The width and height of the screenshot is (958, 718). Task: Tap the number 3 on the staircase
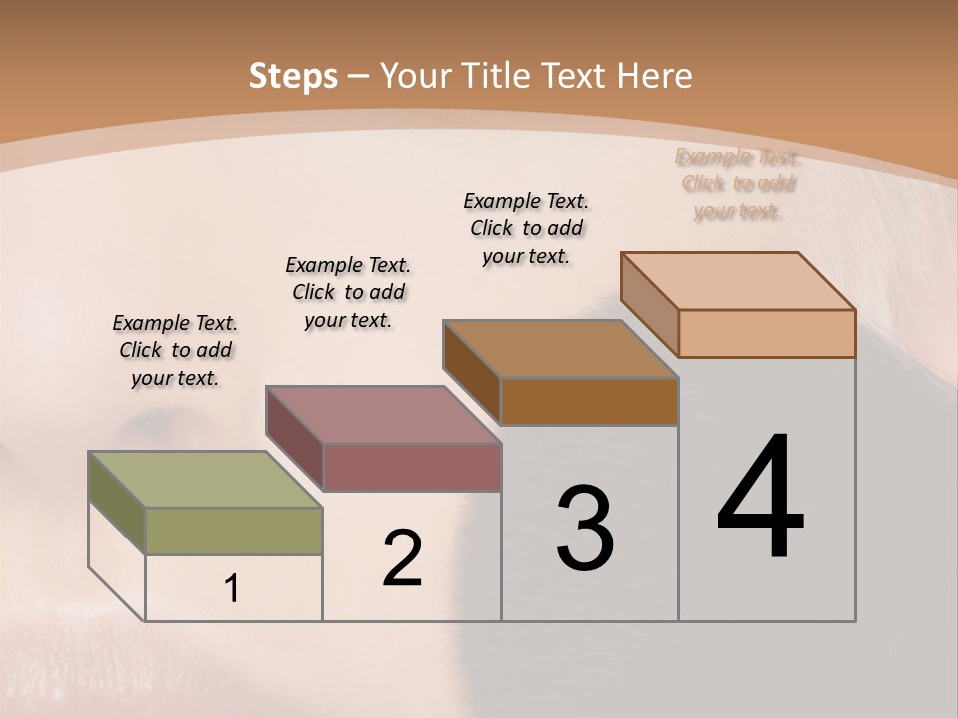click(x=585, y=528)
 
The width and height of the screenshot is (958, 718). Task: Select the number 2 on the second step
click(x=403, y=558)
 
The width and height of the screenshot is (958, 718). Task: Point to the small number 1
click(x=232, y=589)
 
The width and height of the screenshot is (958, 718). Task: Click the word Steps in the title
click(x=293, y=76)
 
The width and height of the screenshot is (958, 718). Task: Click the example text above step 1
click(x=175, y=350)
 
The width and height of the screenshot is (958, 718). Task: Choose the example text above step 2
click(x=348, y=292)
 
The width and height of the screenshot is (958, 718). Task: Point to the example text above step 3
click(x=526, y=228)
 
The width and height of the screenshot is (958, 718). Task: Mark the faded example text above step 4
click(x=738, y=183)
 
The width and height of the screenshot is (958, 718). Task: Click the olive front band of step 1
click(x=234, y=531)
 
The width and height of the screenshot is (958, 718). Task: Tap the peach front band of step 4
click(x=766, y=333)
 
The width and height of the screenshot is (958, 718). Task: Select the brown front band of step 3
click(x=589, y=401)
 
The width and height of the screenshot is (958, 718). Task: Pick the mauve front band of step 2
click(x=411, y=467)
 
